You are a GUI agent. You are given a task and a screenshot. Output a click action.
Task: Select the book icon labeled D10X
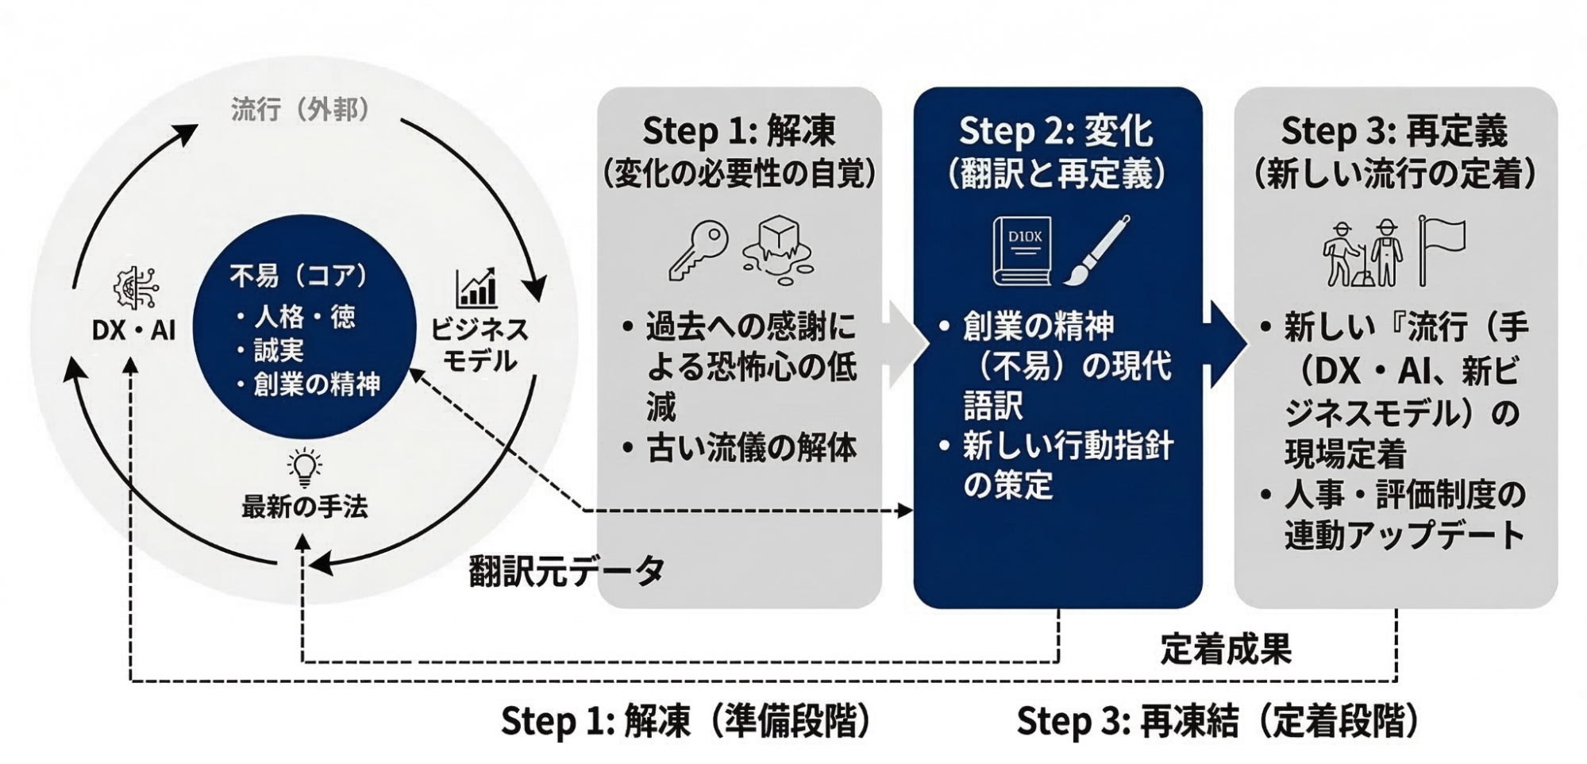[x=1023, y=250]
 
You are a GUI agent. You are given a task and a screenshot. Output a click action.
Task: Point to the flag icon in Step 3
[x=1441, y=249]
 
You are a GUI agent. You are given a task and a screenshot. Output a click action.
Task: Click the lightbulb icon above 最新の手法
[x=305, y=468]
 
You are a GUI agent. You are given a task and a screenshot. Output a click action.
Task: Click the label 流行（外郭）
[x=301, y=109]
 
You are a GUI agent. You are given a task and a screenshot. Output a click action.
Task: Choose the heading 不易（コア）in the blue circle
[x=300, y=276]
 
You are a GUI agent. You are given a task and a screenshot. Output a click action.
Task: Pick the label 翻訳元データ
[x=567, y=570]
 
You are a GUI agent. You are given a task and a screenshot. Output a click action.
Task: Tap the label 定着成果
[x=1226, y=649]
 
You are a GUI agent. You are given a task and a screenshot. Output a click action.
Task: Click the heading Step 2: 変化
[x=1056, y=131]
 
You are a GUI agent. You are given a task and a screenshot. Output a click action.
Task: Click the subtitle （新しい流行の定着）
[x=1394, y=174]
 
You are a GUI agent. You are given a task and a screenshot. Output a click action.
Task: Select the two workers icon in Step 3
[x=1362, y=253]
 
